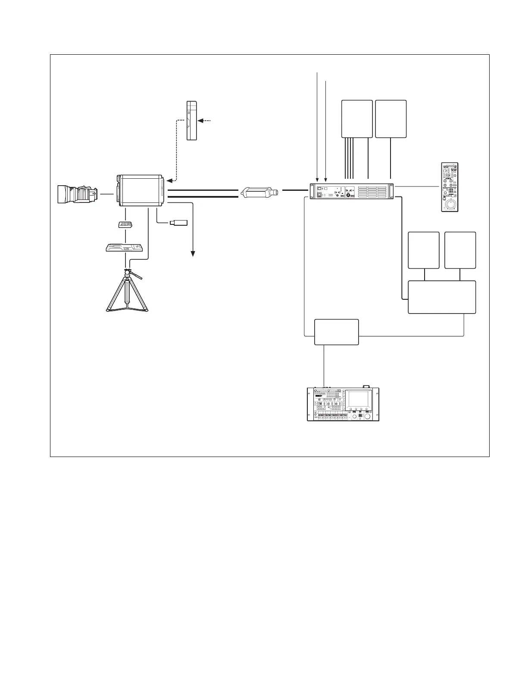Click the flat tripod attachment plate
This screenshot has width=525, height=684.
click(125, 247)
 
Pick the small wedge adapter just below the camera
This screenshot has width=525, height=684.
click(125, 224)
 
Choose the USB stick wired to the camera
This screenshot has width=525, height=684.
click(179, 223)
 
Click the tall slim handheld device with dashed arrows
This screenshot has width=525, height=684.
click(191, 120)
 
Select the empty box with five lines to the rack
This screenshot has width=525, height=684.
click(356, 119)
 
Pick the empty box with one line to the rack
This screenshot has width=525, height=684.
click(391, 119)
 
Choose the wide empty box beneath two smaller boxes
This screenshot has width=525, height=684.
click(442, 297)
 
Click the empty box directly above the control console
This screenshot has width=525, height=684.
click(336, 332)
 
